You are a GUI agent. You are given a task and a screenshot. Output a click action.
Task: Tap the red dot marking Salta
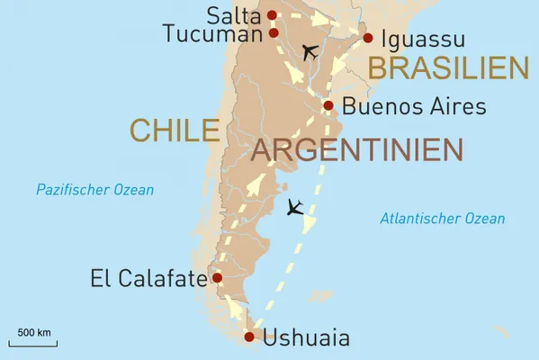coord(273,14)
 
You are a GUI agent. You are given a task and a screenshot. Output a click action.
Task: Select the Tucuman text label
coord(213,33)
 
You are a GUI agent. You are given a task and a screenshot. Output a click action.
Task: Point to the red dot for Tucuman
coord(273,33)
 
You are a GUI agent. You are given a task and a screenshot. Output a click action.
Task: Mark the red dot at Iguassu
coord(367,38)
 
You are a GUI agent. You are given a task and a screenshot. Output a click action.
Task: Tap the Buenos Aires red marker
coord(328,105)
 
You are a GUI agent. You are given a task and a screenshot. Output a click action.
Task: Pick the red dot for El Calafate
coord(217,278)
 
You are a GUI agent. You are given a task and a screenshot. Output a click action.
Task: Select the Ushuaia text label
coord(307,339)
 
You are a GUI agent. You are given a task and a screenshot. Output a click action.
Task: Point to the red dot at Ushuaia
coord(250,337)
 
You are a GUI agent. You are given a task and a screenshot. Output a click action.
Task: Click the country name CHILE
coord(175,130)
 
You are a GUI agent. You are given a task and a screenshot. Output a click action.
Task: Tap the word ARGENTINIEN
coord(357,149)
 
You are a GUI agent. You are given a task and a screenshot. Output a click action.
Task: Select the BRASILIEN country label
coord(447,68)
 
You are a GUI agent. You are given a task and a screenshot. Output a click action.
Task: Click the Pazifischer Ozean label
coord(94,190)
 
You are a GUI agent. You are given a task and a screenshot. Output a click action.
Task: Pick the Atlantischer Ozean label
coord(442,219)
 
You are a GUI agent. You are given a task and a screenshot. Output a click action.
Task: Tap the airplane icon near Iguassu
coord(310,52)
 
